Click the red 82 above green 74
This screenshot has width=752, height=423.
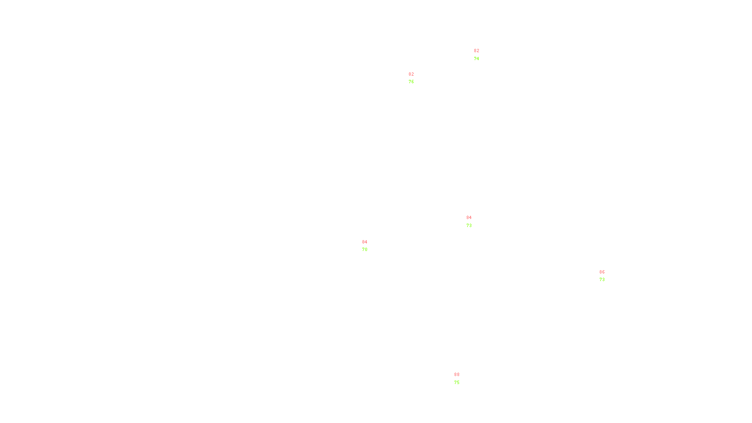point(477,51)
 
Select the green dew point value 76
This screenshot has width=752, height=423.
point(411,82)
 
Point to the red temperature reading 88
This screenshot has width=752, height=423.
point(457,375)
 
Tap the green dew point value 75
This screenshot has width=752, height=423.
point(457,383)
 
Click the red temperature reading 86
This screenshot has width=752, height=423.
point(602,272)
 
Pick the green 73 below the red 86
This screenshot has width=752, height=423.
point(602,280)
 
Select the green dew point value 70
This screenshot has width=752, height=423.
point(365,250)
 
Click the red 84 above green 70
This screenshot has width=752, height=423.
point(365,242)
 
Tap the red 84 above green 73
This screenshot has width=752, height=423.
point(469,218)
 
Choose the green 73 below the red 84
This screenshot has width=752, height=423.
point(469,226)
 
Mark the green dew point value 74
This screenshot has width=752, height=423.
point(477,59)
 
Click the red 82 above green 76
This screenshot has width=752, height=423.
point(411,74)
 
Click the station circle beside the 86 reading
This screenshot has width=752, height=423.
point(606,276)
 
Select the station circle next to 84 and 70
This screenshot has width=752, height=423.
point(369,246)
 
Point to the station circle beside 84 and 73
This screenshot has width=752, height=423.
point(474,221)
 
